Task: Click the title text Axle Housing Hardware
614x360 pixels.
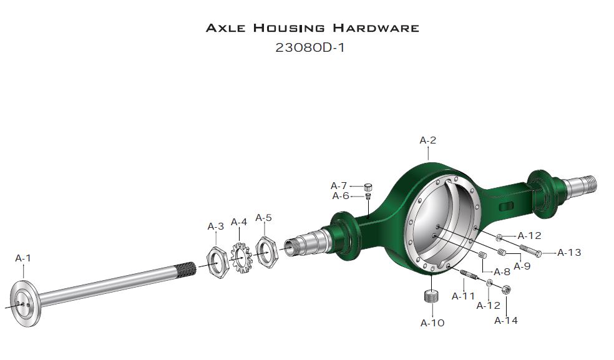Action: pos(312,28)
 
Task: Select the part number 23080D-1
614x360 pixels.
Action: pos(310,48)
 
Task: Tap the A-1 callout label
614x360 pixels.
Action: pos(23,258)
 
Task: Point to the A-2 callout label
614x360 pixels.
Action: pos(427,140)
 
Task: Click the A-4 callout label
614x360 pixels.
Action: pos(239,222)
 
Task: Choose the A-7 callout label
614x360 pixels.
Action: pos(339,186)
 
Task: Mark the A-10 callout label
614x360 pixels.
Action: pos(432,323)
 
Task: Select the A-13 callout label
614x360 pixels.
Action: pos(569,253)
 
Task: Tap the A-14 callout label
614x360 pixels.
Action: pos(505,321)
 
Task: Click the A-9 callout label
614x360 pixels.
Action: pos(522,266)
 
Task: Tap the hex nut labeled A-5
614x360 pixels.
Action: pos(266,251)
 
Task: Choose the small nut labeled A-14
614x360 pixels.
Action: pos(507,289)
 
